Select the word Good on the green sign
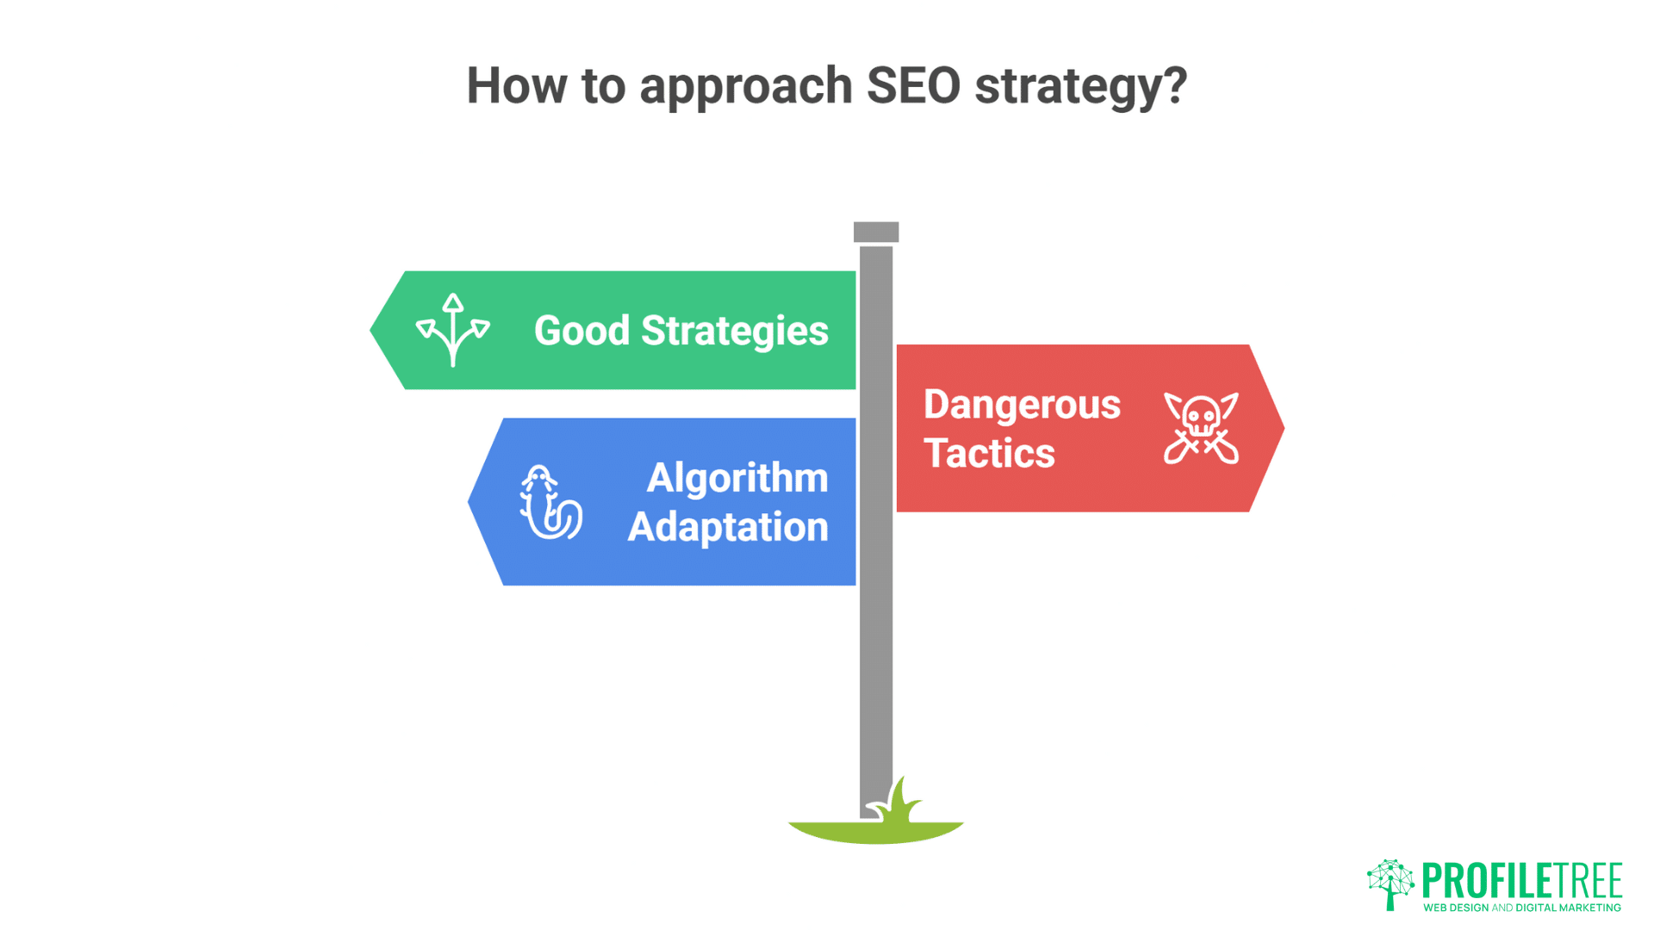pyautogui.click(x=581, y=331)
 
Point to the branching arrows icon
pyautogui.click(x=452, y=330)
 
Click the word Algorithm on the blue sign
pyautogui.click(x=737, y=478)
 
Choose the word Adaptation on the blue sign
pyautogui.click(x=727, y=527)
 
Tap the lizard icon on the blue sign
pyautogui.click(x=550, y=503)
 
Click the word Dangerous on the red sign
pyautogui.click(x=1022, y=405)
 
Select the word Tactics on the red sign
pyautogui.click(x=989, y=454)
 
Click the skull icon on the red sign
pyautogui.click(x=1201, y=428)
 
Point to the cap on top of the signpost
pyautogui.click(x=876, y=232)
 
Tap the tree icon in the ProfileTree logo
pyautogui.click(x=1390, y=883)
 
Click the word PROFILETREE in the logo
pyautogui.click(x=1521, y=881)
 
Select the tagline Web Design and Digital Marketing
pyautogui.click(x=1521, y=908)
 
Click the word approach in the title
pyautogui.click(x=745, y=88)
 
